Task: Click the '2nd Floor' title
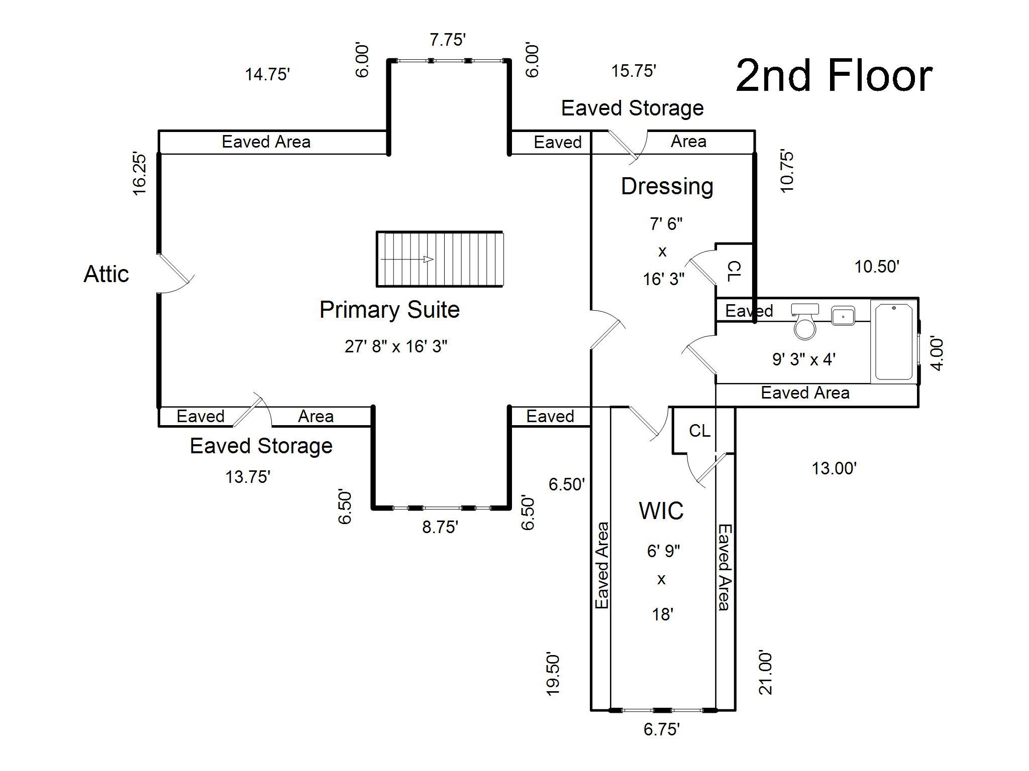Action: [834, 76]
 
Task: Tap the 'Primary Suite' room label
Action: [389, 310]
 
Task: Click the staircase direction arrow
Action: [407, 260]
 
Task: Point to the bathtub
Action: [894, 341]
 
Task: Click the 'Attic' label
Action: [106, 274]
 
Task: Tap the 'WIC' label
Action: [661, 511]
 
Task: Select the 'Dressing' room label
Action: [667, 186]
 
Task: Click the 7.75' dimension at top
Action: [448, 40]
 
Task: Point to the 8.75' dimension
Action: [440, 527]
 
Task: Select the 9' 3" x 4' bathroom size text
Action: [803, 359]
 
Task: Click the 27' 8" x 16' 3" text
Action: [396, 346]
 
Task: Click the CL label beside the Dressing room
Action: [734, 271]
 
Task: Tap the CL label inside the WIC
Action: [699, 431]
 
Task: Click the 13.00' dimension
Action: [834, 468]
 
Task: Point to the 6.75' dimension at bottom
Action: [662, 729]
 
